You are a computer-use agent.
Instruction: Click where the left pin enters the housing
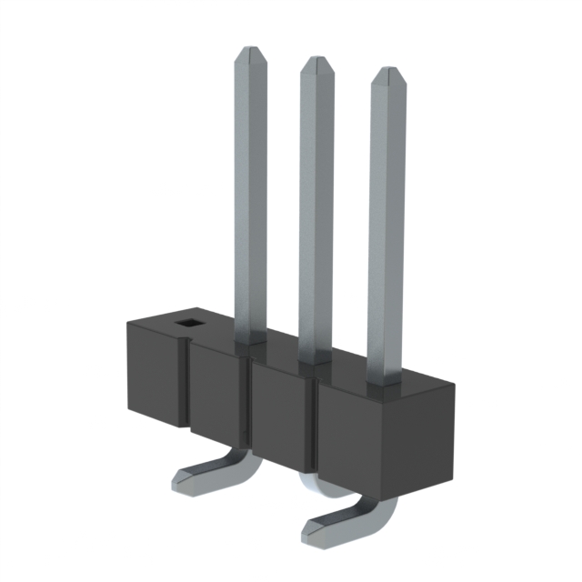251,338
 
